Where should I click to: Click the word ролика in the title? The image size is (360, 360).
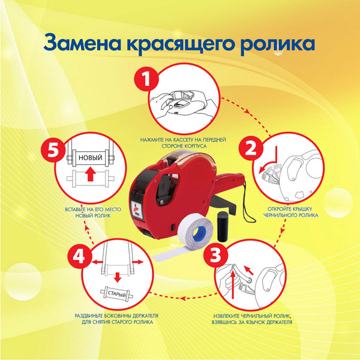[281, 44]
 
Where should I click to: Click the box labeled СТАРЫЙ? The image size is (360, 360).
[118, 293]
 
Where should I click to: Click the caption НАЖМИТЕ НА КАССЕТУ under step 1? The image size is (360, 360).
[182, 142]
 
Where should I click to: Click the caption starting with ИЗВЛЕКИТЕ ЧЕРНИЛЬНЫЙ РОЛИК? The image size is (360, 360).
[253, 319]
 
